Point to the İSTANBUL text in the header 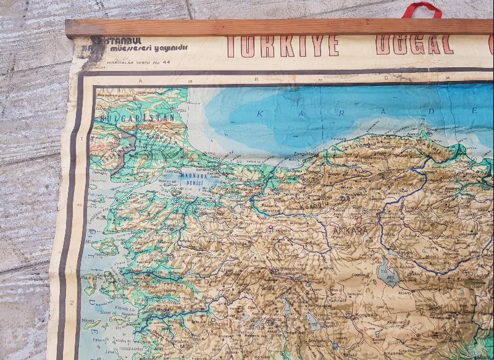[x=117, y=40]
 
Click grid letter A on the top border [x=140, y=80]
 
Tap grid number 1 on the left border [x=80, y=138]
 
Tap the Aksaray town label [x=404, y=293]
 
